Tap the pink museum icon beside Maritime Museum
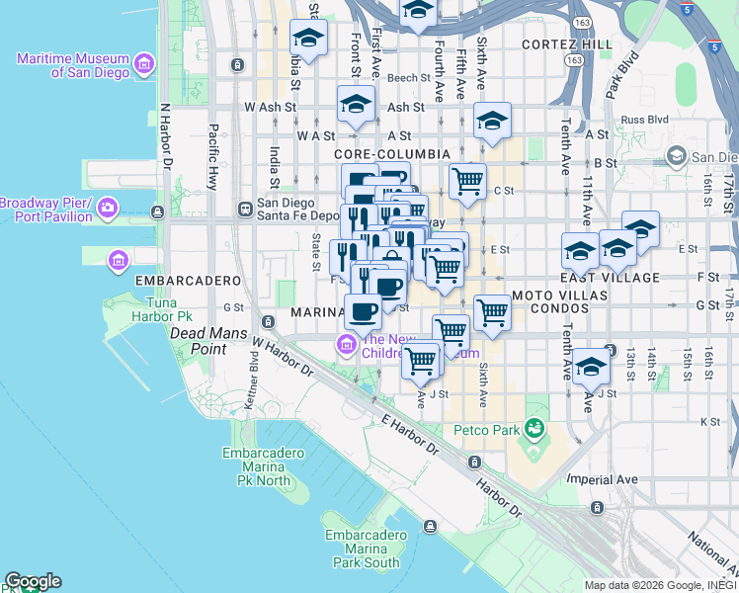(145, 65)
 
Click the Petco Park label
(486, 430)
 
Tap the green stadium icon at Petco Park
(534, 429)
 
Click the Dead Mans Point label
(208, 334)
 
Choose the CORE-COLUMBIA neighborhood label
(392, 155)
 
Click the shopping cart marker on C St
(467, 181)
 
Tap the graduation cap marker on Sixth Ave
(492, 122)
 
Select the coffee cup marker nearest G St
(363, 311)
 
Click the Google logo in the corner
(33, 581)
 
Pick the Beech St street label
(406, 78)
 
